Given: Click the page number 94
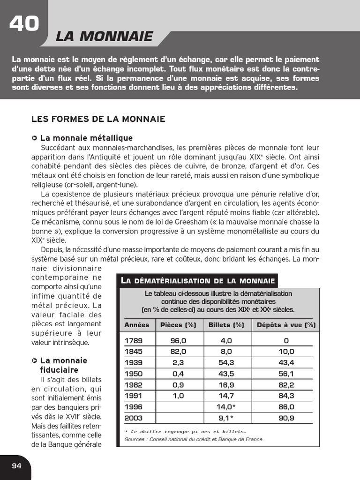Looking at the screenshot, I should (17, 465).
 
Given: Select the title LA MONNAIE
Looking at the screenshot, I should (104, 37).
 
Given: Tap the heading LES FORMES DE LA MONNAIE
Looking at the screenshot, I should (98, 119).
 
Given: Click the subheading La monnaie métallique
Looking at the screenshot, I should (86, 138).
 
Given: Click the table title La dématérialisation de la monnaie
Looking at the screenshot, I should (198, 281).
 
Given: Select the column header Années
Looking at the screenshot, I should (136, 325).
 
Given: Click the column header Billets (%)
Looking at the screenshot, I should (226, 325).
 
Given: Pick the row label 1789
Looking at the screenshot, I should (133, 341).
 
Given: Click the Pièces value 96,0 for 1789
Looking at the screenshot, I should (178, 341).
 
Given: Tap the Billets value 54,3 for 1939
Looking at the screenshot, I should (226, 363).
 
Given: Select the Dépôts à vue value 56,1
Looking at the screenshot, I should (286, 374).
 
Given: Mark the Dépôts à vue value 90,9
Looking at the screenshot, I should (286, 418).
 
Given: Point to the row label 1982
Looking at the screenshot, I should (133, 385).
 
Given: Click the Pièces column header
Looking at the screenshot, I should (178, 325).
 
